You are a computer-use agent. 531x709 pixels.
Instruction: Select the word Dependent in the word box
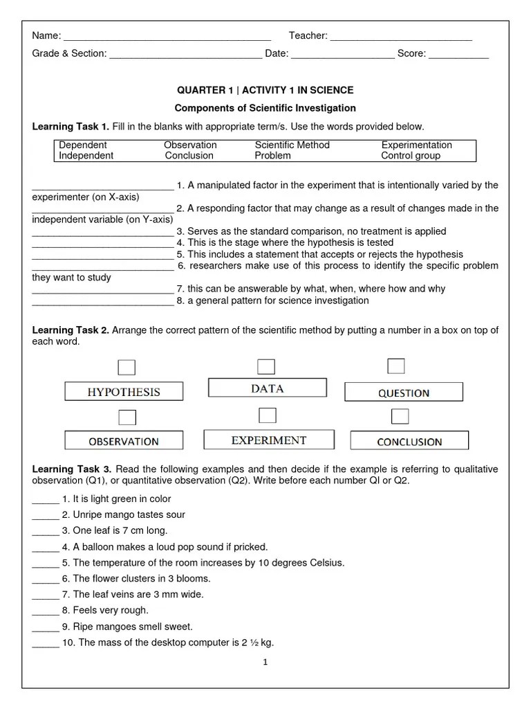83,145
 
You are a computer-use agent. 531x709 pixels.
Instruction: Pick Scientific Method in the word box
292,145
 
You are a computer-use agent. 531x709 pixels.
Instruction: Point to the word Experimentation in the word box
416,145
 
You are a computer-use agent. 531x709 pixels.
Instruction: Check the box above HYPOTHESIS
127,367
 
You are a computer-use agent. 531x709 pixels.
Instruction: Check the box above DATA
266,366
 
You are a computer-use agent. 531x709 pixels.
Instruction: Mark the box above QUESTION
396,366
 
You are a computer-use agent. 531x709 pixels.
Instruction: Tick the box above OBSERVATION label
127,417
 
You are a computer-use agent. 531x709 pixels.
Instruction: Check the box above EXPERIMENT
267,415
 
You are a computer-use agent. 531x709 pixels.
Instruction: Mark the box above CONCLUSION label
400,416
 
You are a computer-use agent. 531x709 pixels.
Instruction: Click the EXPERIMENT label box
269,440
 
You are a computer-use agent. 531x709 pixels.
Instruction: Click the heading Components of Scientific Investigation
265,108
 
